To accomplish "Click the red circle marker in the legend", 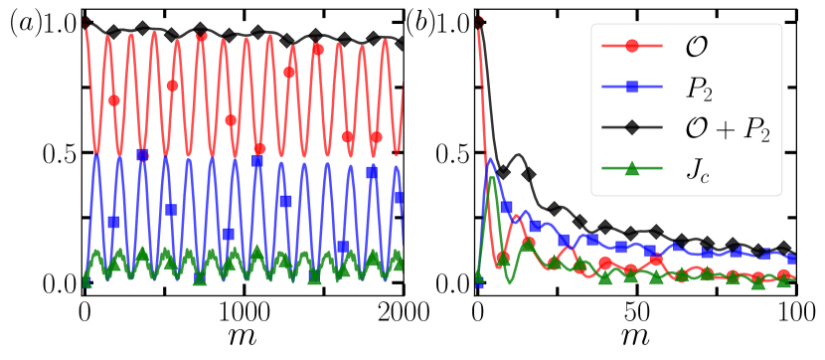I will [x=632, y=46].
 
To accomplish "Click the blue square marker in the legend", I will [x=632, y=88].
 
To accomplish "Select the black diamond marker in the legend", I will [x=632, y=128].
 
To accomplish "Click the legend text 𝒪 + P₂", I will [x=728, y=128].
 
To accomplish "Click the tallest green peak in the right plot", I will [x=492, y=177].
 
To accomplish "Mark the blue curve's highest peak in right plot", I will [x=489, y=157].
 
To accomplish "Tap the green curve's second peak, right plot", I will [x=527, y=239].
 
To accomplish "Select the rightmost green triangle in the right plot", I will [x=784, y=280].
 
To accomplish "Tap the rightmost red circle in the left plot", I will [x=376, y=137].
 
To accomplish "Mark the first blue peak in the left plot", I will [x=96, y=155].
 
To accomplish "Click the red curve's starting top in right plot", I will [x=479, y=22].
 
